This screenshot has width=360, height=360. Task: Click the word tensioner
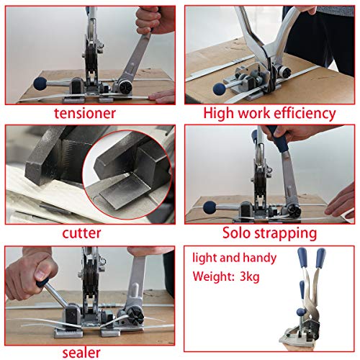tap(90, 112)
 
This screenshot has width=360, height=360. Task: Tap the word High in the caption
tap(219, 113)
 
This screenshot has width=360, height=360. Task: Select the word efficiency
tap(303, 113)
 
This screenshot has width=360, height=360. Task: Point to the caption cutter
tap(81, 233)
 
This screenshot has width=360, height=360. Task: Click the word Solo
tap(238, 233)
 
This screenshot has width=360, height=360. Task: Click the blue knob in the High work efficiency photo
tap(218, 89)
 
